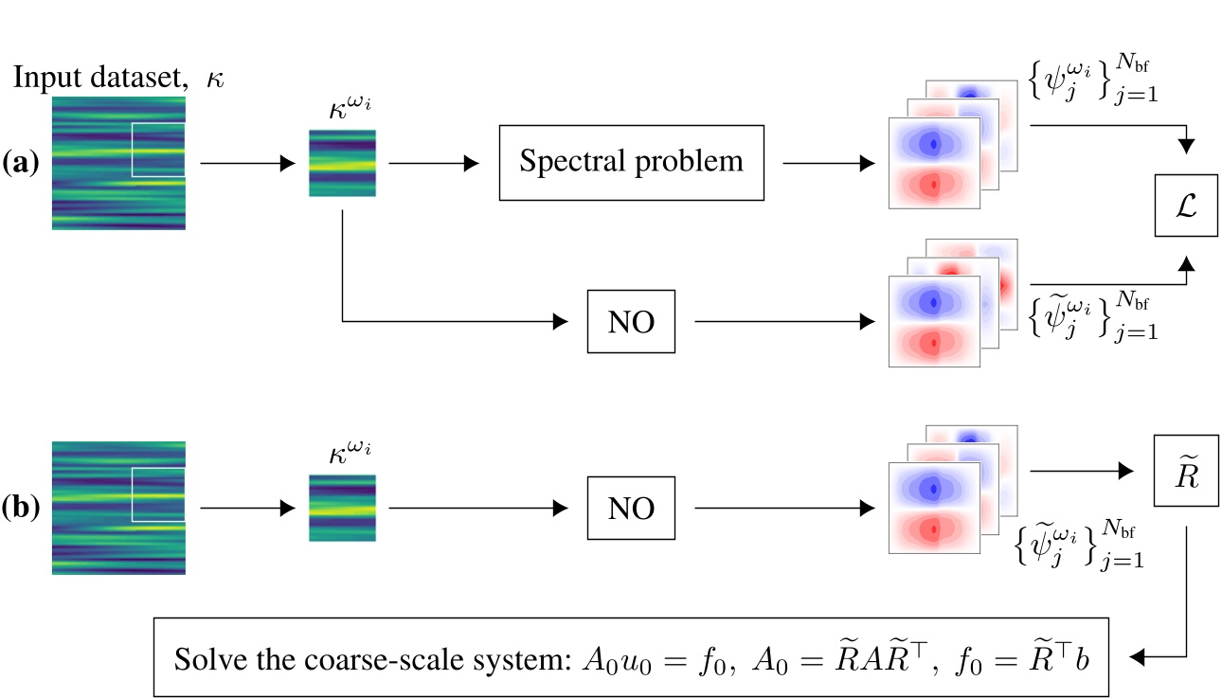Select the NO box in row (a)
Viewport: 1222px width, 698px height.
tap(631, 321)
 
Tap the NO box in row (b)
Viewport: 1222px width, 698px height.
tap(631, 508)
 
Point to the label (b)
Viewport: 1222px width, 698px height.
tap(21, 508)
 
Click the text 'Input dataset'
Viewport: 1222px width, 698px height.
tap(99, 78)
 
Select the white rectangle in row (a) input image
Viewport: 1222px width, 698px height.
tap(158, 150)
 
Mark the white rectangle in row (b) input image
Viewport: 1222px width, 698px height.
tap(158, 494)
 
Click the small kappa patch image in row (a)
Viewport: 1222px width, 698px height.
tap(342, 163)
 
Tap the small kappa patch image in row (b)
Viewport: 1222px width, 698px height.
tap(342, 508)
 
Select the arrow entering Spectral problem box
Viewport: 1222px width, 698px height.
tap(432, 163)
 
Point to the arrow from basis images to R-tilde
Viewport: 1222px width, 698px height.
tap(1081, 471)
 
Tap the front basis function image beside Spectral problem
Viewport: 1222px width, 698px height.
tap(934, 163)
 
